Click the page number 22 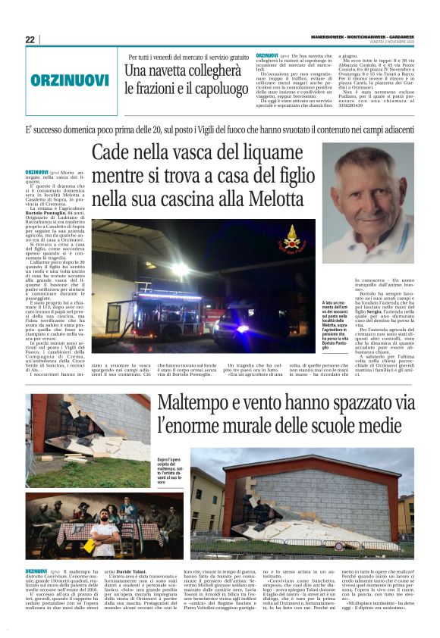click(30, 40)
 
